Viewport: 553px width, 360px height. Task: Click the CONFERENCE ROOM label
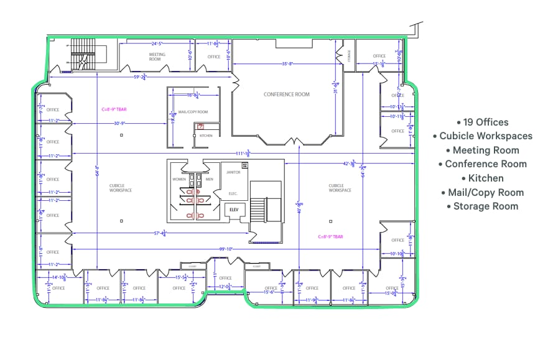pos(286,95)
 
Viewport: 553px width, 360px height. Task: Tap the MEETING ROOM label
pos(157,57)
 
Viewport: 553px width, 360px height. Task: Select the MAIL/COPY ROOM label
pos(193,112)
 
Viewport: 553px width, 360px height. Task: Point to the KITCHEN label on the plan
pos(206,135)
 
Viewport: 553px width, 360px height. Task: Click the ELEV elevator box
pos(234,210)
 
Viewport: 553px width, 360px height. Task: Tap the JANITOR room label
pos(233,172)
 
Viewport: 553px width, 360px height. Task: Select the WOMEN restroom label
pos(179,179)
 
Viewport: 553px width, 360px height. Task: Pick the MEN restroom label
pos(210,179)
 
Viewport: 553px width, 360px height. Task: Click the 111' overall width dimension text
pos(243,152)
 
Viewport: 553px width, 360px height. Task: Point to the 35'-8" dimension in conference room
pos(287,63)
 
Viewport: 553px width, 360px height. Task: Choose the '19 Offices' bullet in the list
pos(483,122)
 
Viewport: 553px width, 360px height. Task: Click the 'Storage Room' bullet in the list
pos(483,206)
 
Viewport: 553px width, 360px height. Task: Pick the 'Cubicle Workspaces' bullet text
pos(483,136)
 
